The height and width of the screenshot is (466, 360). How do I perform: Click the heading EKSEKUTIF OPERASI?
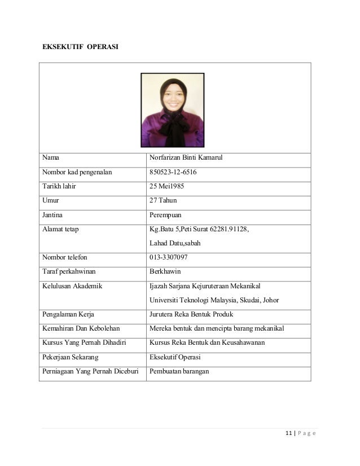pyautogui.click(x=81, y=45)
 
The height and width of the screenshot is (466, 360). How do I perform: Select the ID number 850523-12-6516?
pyautogui.click(x=173, y=172)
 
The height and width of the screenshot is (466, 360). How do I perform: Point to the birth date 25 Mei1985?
pyautogui.click(x=167, y=186)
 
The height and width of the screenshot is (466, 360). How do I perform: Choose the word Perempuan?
pyautogui.click(x=166, y=215)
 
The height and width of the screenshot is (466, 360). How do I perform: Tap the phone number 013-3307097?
pyautogui.click(x=169, y=257)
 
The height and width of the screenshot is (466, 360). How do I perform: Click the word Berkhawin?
pyautogui.click(x=165, y=271)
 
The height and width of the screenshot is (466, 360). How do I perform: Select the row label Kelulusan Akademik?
pyautogui.click(x=72, y=286)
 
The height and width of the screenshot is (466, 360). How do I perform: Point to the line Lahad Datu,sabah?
pyautogui.click(x=175, y=243)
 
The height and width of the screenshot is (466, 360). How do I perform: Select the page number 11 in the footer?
pyautogui.click(x=288, y=433)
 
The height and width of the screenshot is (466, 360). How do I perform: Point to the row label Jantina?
pyautogui.click(x=52, y=215)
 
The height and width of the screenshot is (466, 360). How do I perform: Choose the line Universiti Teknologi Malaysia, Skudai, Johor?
pyautogui.click(x=214, y=300)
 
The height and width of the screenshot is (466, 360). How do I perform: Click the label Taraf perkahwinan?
pyautogui.click(x=69, y=271)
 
